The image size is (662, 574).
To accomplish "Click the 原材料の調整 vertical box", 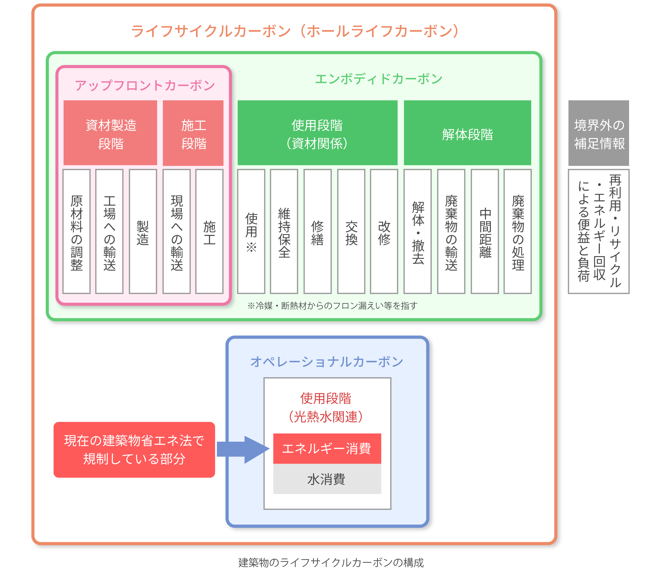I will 77,231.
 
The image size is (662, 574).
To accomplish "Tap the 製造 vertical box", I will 143,231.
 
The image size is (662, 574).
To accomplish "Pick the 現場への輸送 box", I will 176,231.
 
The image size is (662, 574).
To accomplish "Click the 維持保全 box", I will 284,231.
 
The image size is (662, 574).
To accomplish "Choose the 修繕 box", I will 317,231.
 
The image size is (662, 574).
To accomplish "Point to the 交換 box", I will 351,231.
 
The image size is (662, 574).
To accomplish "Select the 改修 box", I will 384,231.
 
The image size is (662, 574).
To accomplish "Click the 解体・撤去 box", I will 418,231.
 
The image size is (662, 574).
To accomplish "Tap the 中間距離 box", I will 485,231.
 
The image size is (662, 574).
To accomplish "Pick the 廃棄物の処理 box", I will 518,231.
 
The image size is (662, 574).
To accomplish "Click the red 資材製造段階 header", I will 110,133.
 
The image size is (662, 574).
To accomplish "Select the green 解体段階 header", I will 467,133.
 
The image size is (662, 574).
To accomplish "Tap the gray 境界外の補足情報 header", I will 599,133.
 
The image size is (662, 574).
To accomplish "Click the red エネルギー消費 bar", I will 327,449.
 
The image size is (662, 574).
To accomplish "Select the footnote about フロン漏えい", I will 332,306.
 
